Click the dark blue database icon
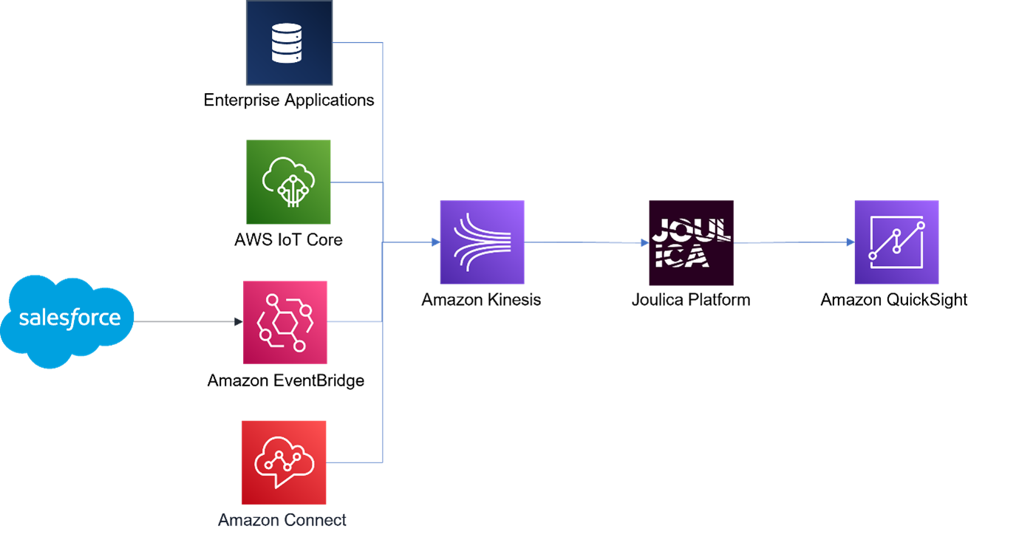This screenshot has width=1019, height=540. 289,43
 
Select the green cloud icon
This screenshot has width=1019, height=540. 288,182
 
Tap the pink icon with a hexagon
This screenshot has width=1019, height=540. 285,322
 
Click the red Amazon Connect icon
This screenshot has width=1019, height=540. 284,462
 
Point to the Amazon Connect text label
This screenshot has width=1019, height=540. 282,520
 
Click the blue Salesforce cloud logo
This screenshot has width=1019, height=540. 69,320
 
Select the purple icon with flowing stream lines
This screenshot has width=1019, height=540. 482,242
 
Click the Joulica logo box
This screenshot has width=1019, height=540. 691,242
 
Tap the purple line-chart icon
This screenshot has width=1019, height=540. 896,242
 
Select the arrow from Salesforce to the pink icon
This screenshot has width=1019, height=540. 188,321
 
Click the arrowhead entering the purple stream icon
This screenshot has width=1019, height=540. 434,242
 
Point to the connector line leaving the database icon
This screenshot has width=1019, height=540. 358,43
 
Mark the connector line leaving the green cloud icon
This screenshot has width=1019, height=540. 356,182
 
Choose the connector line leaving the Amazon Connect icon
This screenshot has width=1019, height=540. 355,462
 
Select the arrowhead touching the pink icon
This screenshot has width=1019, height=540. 238,321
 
